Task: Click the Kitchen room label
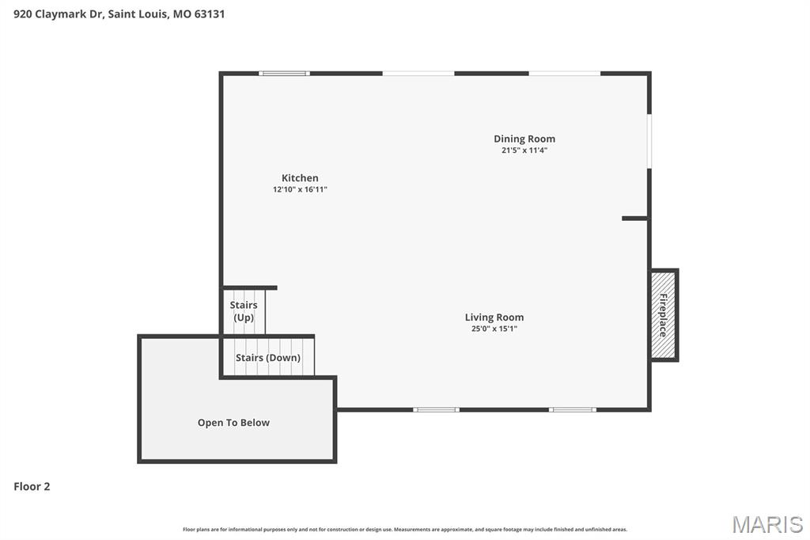(x=300, y=178)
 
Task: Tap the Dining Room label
(x=524, y=139)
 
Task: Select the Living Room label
(x=494, y=318)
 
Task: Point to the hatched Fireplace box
(x=664, y=315)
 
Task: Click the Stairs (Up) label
(x=244, y=311)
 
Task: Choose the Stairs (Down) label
(x=268, y=358)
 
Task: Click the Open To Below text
(x=233, y=423)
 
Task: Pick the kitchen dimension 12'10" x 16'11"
(x=300, y=190)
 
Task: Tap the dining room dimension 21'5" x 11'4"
(x=524, y=150)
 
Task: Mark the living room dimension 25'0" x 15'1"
(x=494, y=329)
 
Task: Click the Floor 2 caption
(x=32, y=487)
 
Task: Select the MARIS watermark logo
(x=766, y=524)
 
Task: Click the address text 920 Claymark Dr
(x=57, y=13)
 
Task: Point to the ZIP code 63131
(x=209, y=13)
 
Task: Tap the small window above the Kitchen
(x=284, y=74)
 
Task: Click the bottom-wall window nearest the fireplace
(x=573, y=409)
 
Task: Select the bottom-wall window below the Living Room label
(x=436, y=409)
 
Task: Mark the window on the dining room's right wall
(x=649, y=141)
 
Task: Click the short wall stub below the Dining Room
(x=634, y=218)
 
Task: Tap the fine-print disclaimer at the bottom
(x=404, y=529)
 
